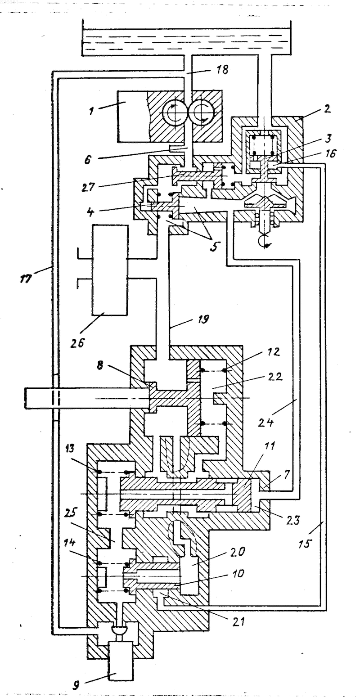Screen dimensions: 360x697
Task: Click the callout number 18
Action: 222,69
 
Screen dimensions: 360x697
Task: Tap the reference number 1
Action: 91,111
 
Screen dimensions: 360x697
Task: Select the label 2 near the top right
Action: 327,109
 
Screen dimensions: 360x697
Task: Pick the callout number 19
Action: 203,319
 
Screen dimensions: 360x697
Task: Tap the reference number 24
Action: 265,422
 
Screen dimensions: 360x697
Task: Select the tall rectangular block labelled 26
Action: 109,270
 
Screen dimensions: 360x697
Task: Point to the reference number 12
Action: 273,351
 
